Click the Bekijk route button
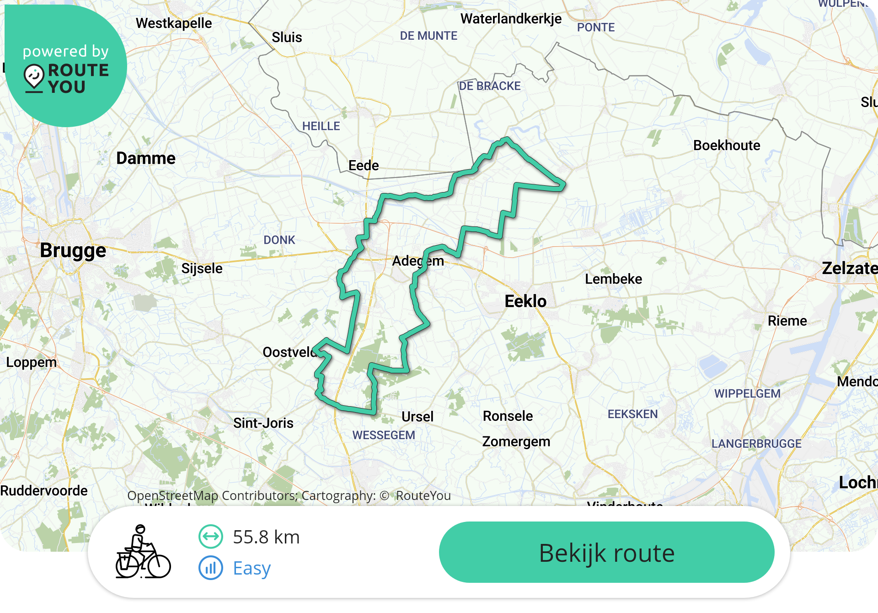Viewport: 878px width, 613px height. (x=606, y=552)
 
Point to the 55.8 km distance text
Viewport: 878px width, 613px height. (x=266, y=537)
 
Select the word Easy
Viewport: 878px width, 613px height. (x=252, y=568)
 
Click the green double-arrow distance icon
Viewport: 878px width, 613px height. (x=211, y=537)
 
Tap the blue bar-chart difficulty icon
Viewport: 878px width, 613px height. (x=211, y=568)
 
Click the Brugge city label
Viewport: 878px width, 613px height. (x=73, y=251)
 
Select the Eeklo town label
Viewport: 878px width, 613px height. (x=525, y=301)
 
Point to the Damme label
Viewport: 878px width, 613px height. (x=146, y=158)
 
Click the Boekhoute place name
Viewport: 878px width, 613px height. (x=727, y=145)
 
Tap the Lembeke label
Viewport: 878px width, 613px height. (x=613, y=279)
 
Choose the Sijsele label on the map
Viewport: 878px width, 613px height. (x=202, y=269)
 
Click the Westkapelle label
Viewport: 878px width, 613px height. (x=174, y=23)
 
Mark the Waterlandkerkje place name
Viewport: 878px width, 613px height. (x=511, y=19)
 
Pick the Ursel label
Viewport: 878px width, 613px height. (x=417, y=417)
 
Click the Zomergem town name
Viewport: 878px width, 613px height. (x=516, y=442)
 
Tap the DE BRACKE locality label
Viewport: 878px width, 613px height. (x=489, y=86)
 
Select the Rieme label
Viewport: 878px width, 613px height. (x=787, y=321)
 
